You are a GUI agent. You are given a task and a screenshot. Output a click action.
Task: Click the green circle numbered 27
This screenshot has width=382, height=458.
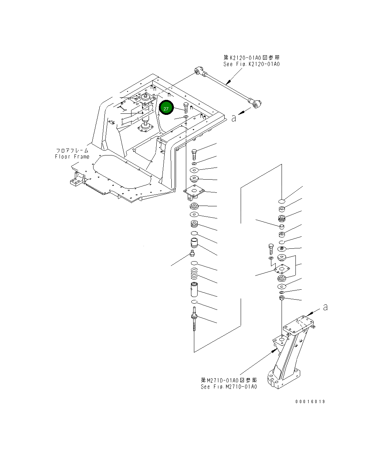(x=166, y=109)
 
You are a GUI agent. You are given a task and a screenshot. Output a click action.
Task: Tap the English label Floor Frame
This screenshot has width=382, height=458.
(x=72, y=157)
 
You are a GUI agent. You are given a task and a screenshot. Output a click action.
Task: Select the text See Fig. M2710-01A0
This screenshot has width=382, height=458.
(x=228, y=387)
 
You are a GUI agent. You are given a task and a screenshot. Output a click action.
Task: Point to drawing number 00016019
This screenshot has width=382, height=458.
(x=310, y=402)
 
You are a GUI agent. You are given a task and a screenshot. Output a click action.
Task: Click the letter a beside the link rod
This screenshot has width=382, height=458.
(x=234, y=118)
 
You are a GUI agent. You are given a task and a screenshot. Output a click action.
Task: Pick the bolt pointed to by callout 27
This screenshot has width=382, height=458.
(x=187, y=108)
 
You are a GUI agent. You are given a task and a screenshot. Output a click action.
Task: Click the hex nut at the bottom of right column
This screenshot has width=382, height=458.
(x=282, y=299)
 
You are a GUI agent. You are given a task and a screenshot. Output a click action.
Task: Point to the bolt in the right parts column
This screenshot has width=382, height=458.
(x=271, y=249)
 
